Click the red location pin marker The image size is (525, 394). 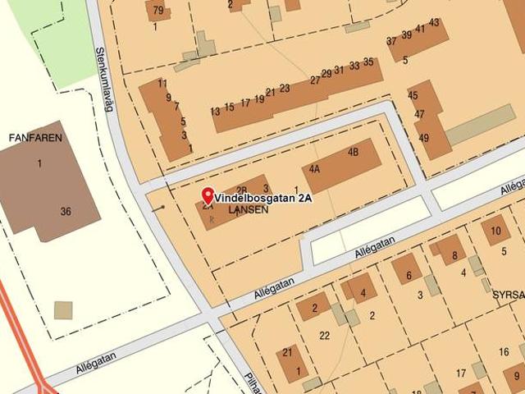[208, 195]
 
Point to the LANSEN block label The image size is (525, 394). [248, 210]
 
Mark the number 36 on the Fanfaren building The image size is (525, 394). [66, 212]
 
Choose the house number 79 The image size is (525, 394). [157, 11]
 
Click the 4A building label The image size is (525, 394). [315, 168]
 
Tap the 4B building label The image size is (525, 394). [354, 152]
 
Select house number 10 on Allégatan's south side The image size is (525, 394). [495, 231]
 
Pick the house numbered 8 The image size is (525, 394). [454, 255]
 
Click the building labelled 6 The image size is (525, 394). [409, 276]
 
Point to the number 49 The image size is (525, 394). [423, 138]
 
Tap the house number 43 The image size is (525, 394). [434, 22]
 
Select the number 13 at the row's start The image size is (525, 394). [215, 111]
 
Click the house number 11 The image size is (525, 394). [162, 83]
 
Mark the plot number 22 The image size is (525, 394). [325, 335]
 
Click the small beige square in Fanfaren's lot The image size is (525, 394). [63, 310]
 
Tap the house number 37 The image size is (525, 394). [391, 41]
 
